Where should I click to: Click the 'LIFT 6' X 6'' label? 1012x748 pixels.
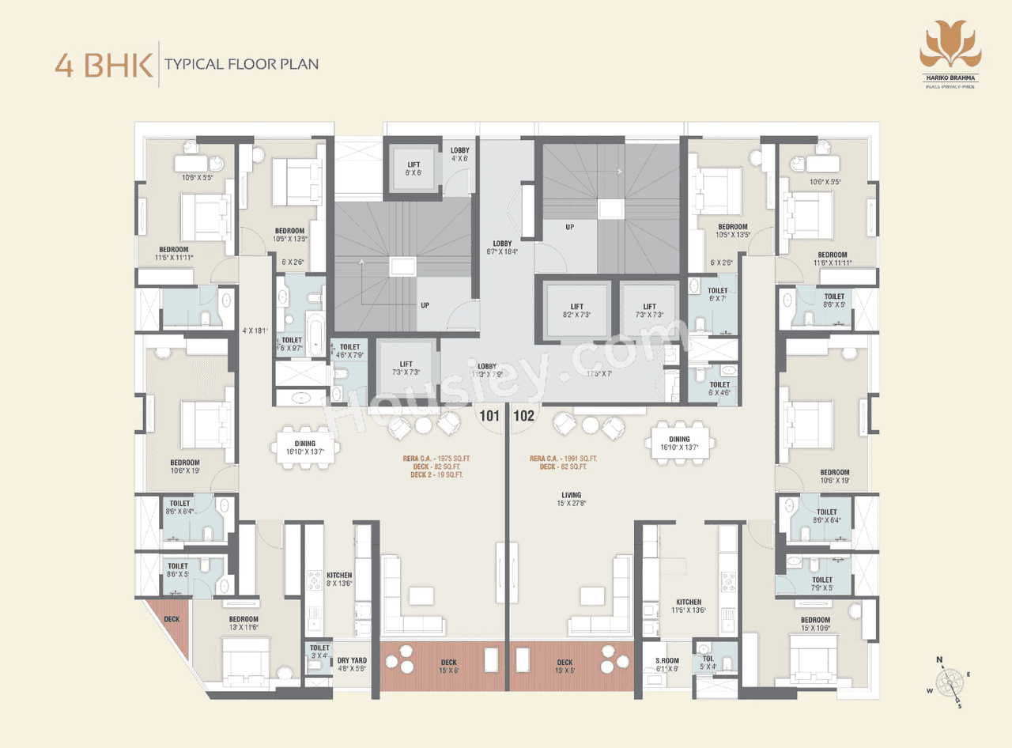point(413,168)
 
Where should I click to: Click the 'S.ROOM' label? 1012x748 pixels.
point(666,663)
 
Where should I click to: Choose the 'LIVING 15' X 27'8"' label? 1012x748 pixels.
point(570,499)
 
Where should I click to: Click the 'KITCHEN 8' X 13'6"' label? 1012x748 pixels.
point(339,579)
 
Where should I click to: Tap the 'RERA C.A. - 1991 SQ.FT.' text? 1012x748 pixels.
point(563,459)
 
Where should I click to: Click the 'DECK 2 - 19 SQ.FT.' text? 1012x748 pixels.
point(436,475)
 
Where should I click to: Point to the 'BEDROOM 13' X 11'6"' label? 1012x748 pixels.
point(244,623)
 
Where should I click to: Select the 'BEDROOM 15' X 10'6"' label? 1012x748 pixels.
point(815,624)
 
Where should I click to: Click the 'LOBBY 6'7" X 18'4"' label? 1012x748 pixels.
point(501,247)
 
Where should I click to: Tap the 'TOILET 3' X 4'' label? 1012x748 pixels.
point(319,652)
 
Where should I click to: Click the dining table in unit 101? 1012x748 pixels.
point(305,448)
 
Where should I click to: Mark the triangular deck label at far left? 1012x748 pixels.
point(172,619)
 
